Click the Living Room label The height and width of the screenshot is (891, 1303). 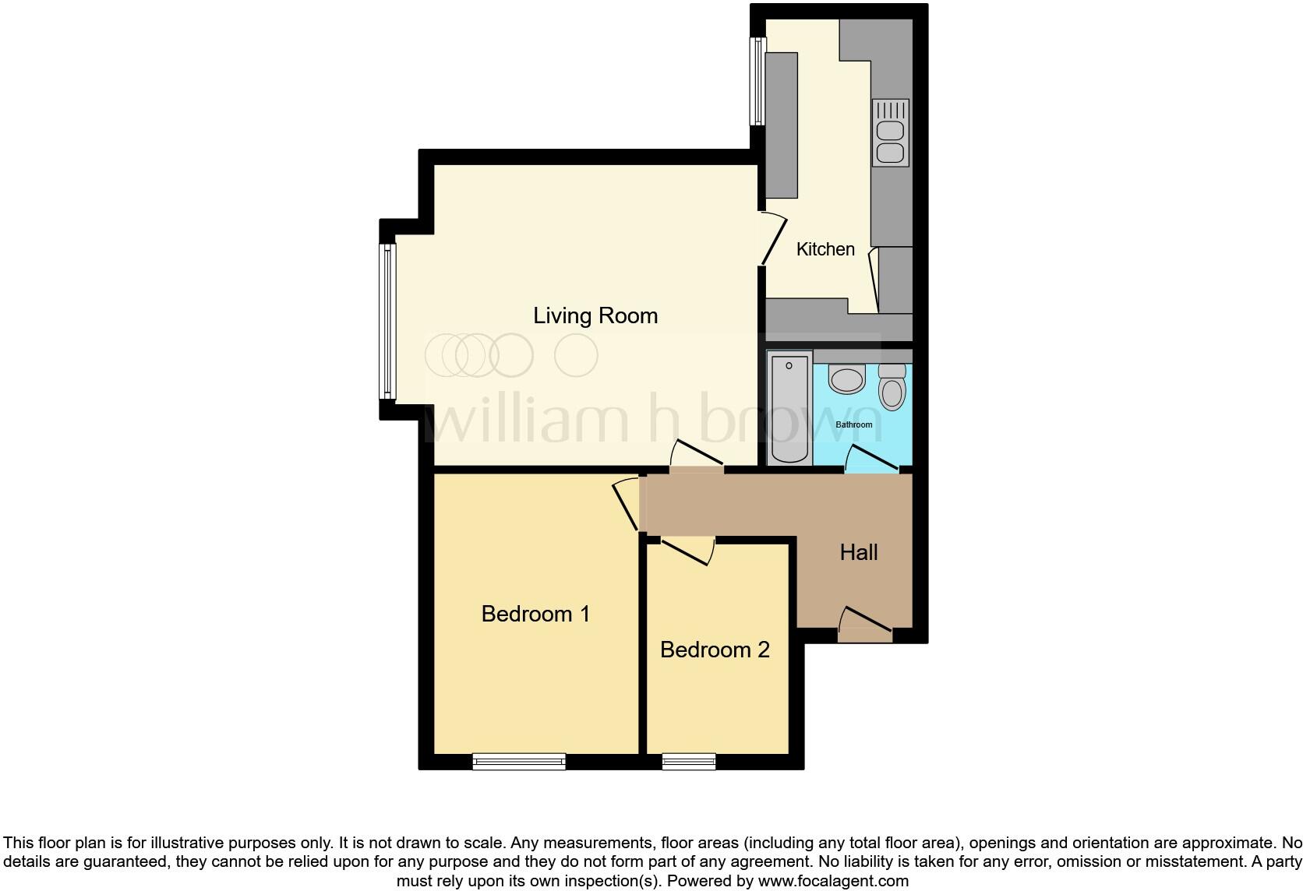coord(595,315)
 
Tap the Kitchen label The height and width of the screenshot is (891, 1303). coord(825,249)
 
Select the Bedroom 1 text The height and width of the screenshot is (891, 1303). coord(535,614)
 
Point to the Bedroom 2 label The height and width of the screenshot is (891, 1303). coord(715,650)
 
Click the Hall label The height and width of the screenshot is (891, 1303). coord(859,552)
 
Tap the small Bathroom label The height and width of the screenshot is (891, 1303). coord(854,424)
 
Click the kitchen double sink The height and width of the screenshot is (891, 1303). coord(891,132)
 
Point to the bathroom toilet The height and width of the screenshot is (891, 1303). coord(892,387)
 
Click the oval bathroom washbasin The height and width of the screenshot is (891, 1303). coord(846,380)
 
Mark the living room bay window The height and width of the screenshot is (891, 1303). coord(387,320)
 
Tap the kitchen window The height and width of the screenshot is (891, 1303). coord(755,81)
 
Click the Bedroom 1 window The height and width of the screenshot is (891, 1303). coord(519,761)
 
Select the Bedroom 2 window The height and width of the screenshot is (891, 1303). coord(689,761)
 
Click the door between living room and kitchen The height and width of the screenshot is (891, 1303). coord(772,239)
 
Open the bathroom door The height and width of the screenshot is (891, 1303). coord(872,460)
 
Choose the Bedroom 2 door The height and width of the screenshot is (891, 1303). coord(686,550)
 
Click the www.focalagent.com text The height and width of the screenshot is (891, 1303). coord(833,882)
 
